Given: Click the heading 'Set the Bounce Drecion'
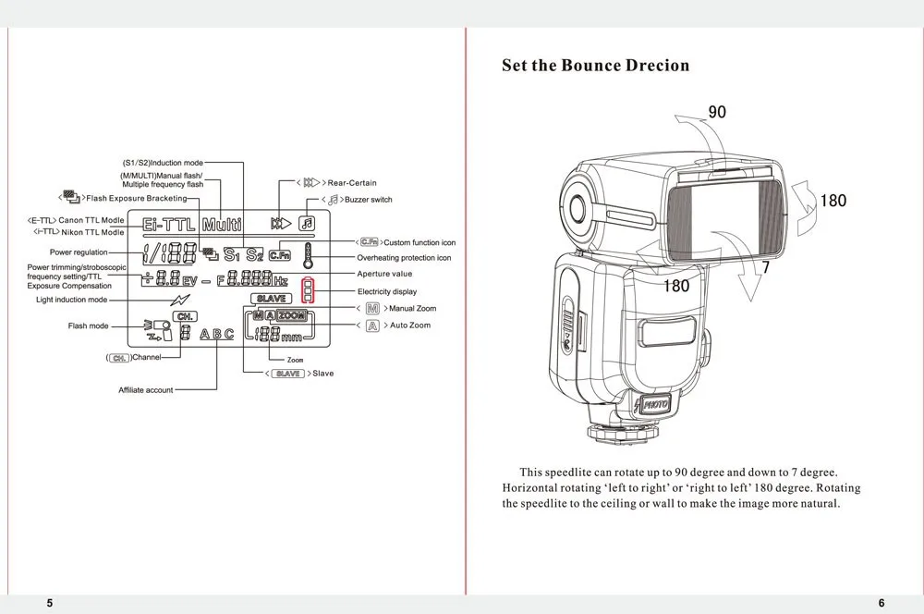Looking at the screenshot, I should (595, 66).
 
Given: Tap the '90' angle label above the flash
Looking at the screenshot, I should (717, 112).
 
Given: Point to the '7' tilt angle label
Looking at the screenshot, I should (765, 267).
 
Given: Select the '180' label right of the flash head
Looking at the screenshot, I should (833, 200).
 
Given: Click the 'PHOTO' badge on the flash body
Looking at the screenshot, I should (656, 404).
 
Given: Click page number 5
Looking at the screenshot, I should (50, 603).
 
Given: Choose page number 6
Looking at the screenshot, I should (881, 603).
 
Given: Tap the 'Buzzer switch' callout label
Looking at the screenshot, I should (368, 200).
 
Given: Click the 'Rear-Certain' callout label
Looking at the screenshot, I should (352, 183).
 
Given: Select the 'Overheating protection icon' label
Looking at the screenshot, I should (404, 258).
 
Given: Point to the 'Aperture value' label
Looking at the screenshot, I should (384, 274).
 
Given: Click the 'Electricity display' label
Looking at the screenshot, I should (386, 291).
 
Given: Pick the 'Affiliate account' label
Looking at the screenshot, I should (145, 390).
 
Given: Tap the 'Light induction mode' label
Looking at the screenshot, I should (71, 300).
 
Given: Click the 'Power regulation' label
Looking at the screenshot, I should (79, 252).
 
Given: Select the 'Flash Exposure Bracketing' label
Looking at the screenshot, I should (136, 198).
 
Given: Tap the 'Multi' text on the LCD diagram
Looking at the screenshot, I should (222, 224).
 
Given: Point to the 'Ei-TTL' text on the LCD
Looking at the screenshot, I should (169, 224).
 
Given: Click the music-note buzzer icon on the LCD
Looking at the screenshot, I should (307, 223).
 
